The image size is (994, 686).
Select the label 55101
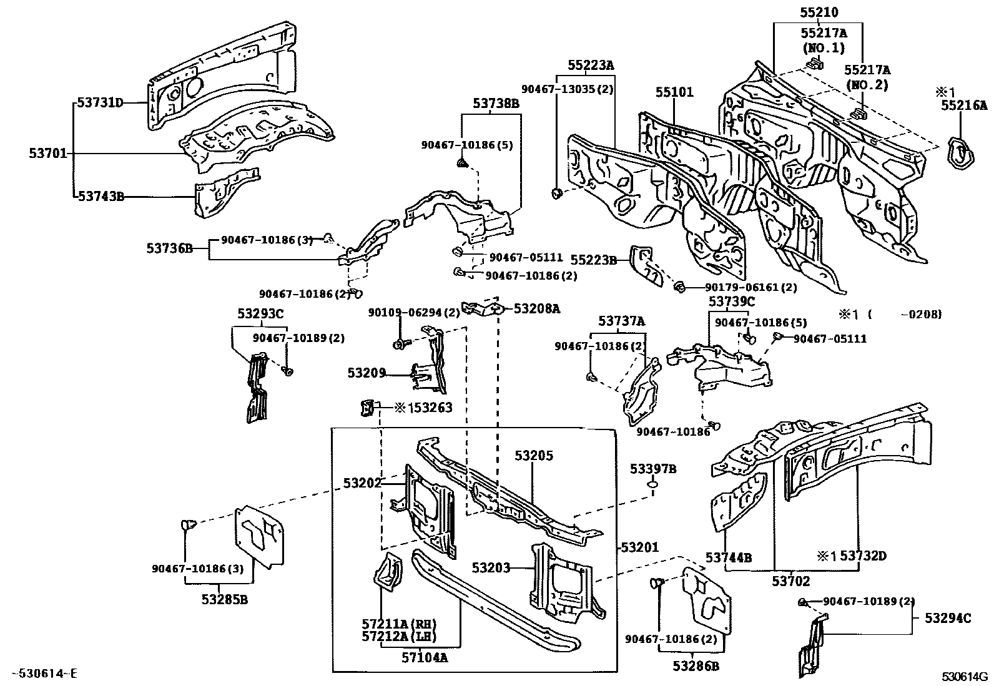pyautogui.click(x=674, y=93)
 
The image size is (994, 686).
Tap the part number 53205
pyautogui.click(x=534, y=456)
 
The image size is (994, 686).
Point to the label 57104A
pyautogui.click(x=425, y=657)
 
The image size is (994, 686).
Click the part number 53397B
pyautogui.click(x=652, y=469)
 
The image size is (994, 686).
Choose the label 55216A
pyautogui.click(x=965, y=105)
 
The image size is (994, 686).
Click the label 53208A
pyautogui.click(x=537, y=308)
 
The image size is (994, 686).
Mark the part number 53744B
pyautogui.click(x=729, y=557)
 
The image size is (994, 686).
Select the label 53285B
pyautogui.click(x=225, y=600)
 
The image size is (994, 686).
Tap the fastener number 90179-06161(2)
pyautogui.click(x=751, y=288)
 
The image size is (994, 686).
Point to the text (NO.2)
pyautogui.click(x=867, y=86)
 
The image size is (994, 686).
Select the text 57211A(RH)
pyautogui.click(x=398, y=624)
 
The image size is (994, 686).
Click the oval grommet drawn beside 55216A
pyautogui.click(x=962, y=152)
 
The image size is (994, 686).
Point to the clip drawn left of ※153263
pyautogui.click(x=367, y=408)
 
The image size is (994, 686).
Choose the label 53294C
pyautogui.click(x=948, y=618)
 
